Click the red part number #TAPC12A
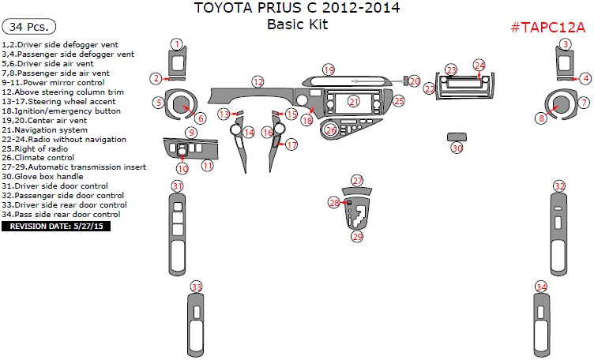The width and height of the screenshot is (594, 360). click(547, 28)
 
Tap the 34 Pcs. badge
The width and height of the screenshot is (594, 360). click(28, 27)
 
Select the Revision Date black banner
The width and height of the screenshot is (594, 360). click(56, 227)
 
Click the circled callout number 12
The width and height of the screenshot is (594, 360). click(258, 82)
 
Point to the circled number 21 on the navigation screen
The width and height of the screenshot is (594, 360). click(354, 102)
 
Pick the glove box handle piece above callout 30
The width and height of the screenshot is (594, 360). click(457, 137)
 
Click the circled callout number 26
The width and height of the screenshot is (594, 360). click(331, 130)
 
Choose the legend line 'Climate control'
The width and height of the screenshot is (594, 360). click(38, 158)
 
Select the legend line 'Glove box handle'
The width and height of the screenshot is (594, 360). click(43, 177)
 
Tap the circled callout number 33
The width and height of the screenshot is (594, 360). click(196, 287)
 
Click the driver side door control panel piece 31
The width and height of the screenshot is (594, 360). click(177, 234)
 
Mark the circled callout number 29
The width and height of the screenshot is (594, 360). click(357, 237)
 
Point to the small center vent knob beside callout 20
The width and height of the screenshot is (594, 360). click(405, 81)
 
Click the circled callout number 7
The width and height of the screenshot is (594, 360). click(584, 102)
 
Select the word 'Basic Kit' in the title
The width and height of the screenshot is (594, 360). click(297, 24)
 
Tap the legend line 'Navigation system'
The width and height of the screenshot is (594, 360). click(45, 130)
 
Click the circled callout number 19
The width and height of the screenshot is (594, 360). click(329, 70)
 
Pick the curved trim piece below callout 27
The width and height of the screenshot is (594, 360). click(357, 191)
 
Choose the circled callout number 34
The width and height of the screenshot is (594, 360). click(541, 287)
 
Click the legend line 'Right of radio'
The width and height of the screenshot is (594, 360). click(35, 148)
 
